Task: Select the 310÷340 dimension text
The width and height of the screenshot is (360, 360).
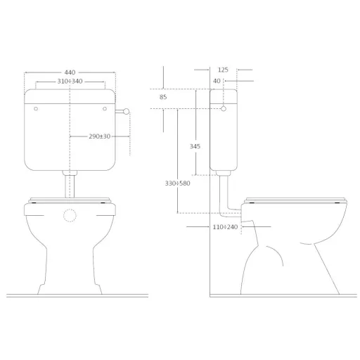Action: (x=70, y=82)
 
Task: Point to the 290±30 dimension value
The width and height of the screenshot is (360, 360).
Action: (x=99, y=135)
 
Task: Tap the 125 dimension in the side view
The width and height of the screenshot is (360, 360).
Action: (x=224, y=70)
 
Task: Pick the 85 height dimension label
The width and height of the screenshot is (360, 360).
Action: (x=163, y=97)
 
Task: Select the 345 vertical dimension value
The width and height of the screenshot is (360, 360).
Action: (x=195, y=146)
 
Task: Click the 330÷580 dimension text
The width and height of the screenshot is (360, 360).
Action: (x=178, y=184)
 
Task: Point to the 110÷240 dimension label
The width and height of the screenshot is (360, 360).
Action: (x=226, y=227)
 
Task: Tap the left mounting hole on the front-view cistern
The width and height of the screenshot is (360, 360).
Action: (x=35, y=109)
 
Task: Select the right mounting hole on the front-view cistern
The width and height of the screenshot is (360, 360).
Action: (x=104, y=109)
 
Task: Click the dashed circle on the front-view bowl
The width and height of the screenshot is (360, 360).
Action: (x=70, y=215)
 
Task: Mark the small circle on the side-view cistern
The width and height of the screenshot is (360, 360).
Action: (x=224, y=109)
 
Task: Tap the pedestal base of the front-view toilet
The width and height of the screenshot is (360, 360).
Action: (x=70, y=278)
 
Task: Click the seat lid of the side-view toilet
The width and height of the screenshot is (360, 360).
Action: (x=295, y=199)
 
